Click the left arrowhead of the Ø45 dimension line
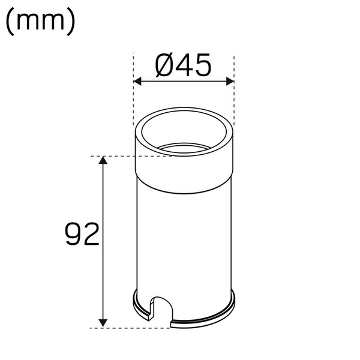[137, 81]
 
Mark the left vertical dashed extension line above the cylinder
[133, 90]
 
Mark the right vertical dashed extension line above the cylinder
[233, 90]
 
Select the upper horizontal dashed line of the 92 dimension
[114, 157]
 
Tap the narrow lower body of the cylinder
[183, 240]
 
